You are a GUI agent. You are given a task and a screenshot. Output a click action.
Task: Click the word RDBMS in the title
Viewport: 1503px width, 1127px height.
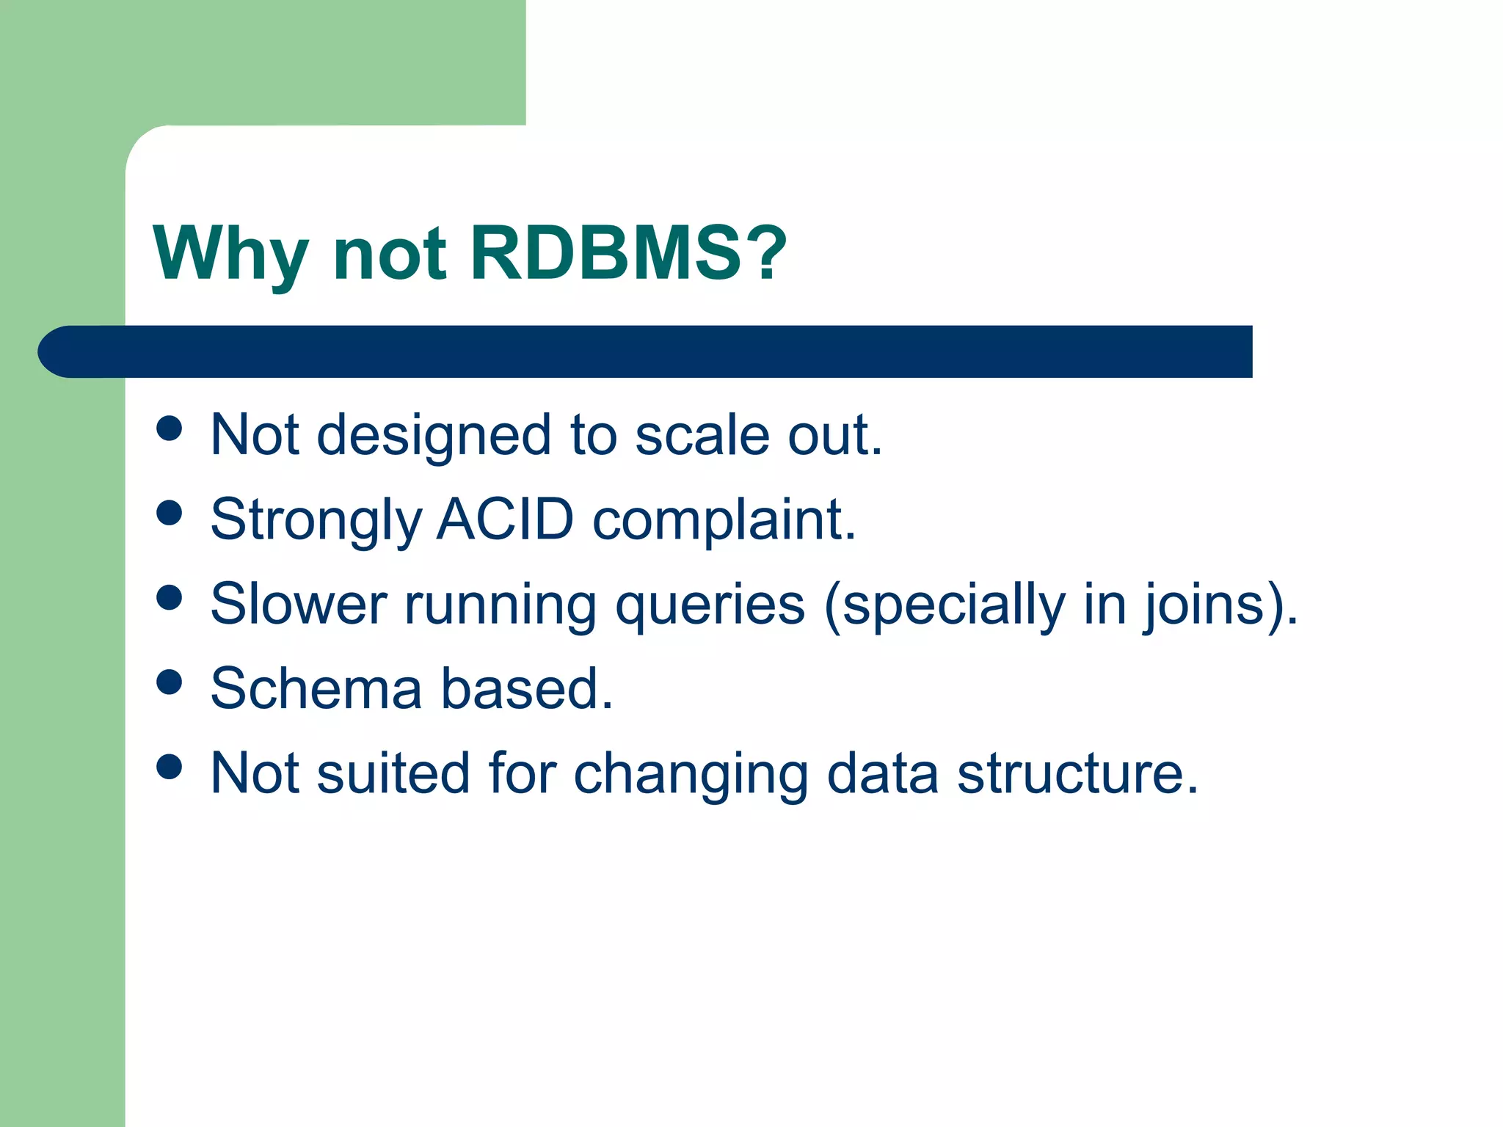[x=605, y=253]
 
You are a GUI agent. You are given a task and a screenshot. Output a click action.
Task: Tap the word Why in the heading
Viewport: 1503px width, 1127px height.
[x=230, y=253]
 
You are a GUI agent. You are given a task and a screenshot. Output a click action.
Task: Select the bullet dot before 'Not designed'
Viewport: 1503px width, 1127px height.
[x=170, y=428]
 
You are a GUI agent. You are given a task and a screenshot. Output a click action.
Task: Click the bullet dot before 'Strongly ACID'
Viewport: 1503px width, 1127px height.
[x=170, y=513]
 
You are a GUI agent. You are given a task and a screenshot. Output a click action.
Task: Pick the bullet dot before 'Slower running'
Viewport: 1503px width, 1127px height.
[x=170, y=597]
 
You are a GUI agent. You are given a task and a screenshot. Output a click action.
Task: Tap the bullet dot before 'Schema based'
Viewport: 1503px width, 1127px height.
[x=170, y=682]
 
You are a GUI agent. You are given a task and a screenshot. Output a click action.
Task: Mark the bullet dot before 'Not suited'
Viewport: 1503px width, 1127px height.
[x=170, y=767]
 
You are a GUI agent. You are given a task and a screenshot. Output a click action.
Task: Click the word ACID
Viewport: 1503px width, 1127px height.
[x=505, y=519]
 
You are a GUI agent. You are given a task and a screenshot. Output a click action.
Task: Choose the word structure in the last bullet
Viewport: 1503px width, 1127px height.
[x=1077, y=773]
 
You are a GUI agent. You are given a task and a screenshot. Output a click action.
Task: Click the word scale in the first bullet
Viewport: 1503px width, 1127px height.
[x=702, y=435]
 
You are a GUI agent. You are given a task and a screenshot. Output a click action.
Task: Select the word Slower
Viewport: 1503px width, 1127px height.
[x=298, y=605]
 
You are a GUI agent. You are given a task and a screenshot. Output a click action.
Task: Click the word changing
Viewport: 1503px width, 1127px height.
[x=690, y=775]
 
